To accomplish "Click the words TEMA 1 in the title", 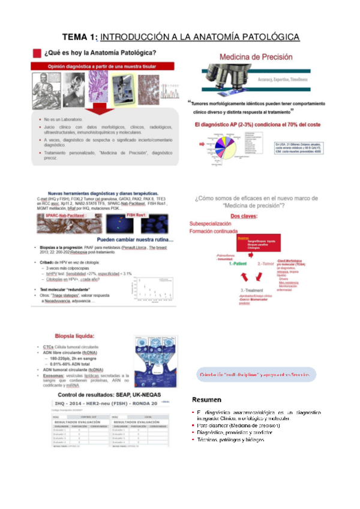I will pos(80,37).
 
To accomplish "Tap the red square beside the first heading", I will pos(37,53).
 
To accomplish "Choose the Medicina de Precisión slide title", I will pos(256,57).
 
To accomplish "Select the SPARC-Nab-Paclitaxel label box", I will pos(62,214).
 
